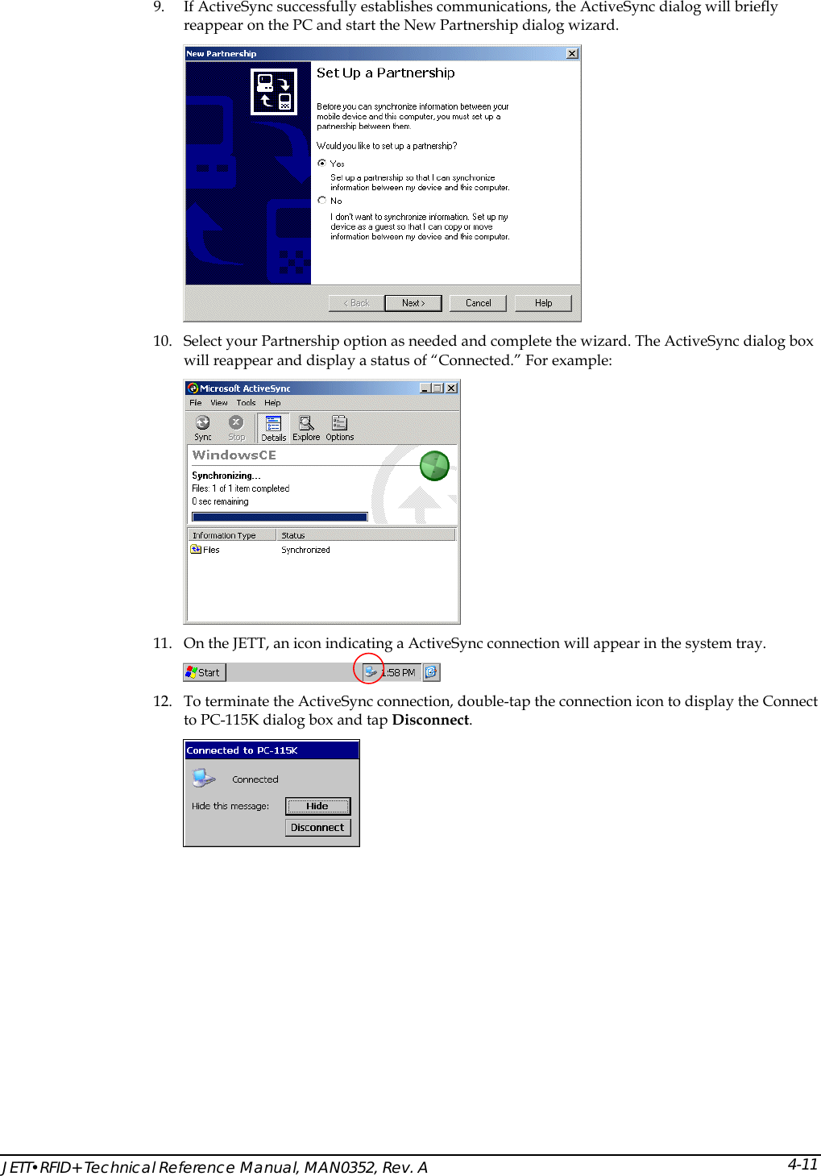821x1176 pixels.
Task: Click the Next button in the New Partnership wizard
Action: pos(413,303)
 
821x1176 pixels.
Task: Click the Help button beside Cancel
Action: pos(543,303)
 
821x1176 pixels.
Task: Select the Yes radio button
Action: pos(322,163)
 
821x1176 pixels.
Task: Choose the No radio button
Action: pos(322,201)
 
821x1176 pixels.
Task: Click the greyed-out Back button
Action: pos(356,303)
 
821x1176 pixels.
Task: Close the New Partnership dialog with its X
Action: pos(572,54)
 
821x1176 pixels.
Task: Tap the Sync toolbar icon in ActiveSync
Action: pos(203,427)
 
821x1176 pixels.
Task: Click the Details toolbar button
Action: pos(273,428)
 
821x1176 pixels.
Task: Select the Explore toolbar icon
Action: pos(306,427)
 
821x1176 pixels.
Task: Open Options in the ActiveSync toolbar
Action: pos(339,427)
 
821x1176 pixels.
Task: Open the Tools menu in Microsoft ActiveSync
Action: pos(246,403)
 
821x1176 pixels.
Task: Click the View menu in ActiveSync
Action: pos(219,403)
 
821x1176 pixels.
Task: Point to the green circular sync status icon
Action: pos(434,466)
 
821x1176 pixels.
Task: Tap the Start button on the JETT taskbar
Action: pos(204,672)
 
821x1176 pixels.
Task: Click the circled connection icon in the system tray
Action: pos(370,671)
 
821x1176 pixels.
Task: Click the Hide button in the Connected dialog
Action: pos(317,806)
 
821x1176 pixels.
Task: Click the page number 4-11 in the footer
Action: pos(802,1164)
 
